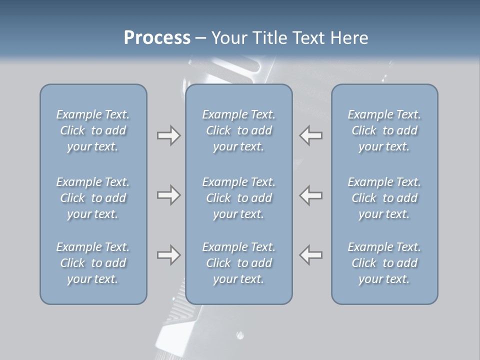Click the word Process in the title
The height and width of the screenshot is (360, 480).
[x=157, y=38]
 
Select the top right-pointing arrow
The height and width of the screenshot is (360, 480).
[x=168, y=135]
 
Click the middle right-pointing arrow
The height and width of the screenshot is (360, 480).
[x=168, y=195]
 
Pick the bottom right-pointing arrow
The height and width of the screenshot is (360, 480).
[x=168, y=255]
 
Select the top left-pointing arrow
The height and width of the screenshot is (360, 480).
[x=311, y=135]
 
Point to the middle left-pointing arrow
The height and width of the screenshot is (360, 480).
[x=311, y=195]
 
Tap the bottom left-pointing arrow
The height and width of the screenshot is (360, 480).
[x=311, y=255]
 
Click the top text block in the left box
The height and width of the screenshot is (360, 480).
[x=93, y=130]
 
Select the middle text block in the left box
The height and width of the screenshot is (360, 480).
[x=93, y=198]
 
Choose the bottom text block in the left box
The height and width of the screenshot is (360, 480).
[x=93, y=263]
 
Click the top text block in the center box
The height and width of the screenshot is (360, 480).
[x=238, y=130]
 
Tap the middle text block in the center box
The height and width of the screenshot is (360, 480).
[x=238, y=198]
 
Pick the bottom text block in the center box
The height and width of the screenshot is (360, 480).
[x=238, y=263]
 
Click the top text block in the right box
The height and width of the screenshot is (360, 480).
[x=384, y=130]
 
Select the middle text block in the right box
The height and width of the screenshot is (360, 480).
[x=384, y=198]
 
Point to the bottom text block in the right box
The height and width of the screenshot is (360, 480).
[x=384, y=263]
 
